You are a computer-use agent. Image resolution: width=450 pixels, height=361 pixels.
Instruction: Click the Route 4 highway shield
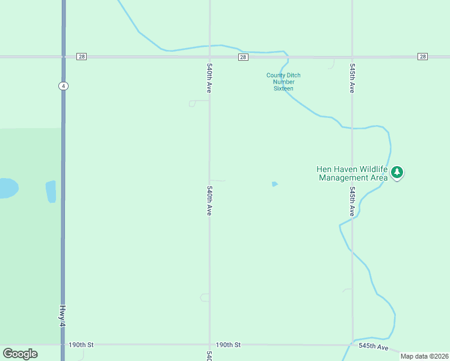[x=63, y=86]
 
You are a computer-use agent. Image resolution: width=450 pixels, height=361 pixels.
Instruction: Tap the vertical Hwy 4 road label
[x=62, y=315]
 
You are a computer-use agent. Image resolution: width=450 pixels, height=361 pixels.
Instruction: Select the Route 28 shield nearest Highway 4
[x=82, y=57]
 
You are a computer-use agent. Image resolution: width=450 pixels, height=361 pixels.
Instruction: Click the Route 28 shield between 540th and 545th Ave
[x=242, y=57]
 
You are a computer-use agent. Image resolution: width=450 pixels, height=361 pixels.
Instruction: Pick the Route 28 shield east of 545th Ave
[x=422, y=57]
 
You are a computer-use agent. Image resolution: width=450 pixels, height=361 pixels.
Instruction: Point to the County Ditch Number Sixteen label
[x=283, y=82]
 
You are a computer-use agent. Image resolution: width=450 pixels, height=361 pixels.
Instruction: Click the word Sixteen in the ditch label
[x=283, y=88]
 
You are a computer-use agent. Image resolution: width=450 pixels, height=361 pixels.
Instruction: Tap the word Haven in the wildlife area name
[x=345, y=169]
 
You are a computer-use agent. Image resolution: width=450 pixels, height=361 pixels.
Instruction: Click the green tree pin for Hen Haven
[x=396, y=172]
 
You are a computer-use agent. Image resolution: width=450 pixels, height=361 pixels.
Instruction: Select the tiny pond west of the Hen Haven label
[x=274, y=184]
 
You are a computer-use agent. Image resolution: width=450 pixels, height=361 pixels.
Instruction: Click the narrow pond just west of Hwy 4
[x=51, y=191]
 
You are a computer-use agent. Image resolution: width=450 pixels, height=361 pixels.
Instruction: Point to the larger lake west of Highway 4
[x=7, y=188]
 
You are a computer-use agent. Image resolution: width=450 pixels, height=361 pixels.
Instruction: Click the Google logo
[x=20, y=354]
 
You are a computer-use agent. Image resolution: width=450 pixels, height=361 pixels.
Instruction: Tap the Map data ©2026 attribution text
[x=424, y=356]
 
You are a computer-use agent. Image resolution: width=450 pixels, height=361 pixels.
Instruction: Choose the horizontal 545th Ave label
[x=374, y=347]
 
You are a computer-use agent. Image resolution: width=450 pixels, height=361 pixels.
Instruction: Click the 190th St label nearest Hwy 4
[x=81, y=345]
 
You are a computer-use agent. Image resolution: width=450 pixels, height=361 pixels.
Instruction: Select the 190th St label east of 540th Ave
[x=229, y=345]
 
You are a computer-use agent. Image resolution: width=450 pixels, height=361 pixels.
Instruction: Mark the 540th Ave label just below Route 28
[x=209, y=78]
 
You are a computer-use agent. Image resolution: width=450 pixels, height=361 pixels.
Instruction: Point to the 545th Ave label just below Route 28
[x=352, y=78]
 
